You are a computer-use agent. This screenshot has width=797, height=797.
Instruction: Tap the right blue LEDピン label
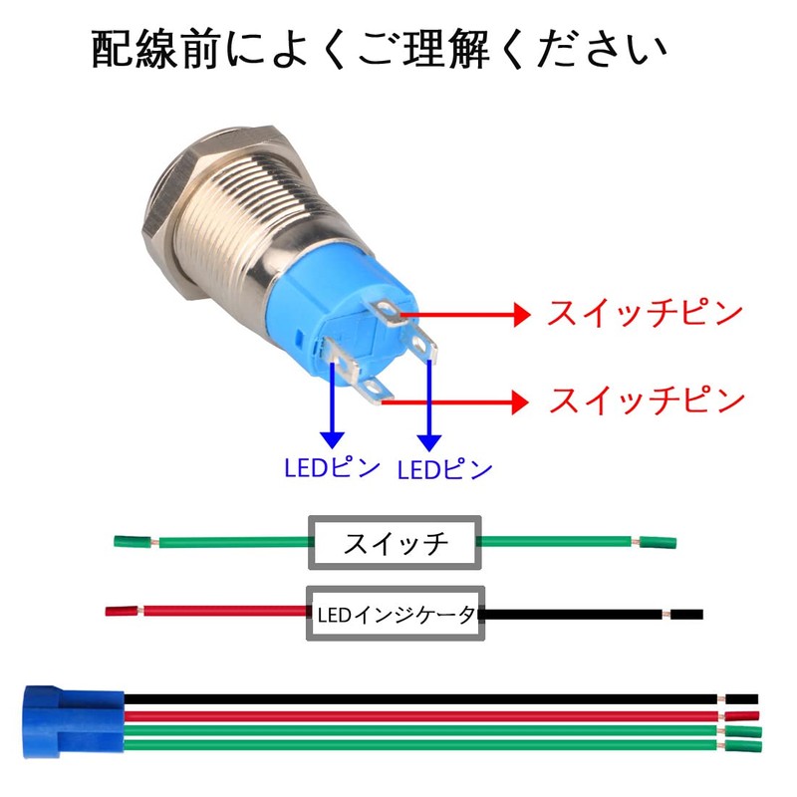pos(444,469)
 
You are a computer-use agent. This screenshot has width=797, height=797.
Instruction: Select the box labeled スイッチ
pos(396,543)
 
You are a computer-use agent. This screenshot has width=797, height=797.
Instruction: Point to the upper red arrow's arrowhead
pos(518,315)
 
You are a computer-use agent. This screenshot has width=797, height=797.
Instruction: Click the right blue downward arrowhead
pos(429,438)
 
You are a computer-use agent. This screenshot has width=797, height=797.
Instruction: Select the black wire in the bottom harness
pos(418,699)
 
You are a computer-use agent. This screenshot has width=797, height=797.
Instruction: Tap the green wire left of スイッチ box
pos(229,543)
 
